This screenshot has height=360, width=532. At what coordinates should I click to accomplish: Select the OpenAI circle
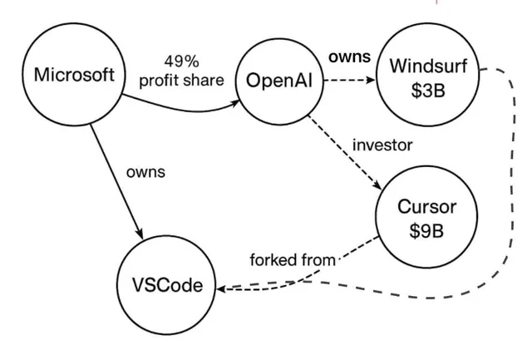pyautogui.click(x=279, y=81)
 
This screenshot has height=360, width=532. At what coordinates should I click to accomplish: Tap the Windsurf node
pyautogui.click(x=427, y=76)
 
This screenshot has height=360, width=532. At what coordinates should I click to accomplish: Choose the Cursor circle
pyautogui.click(x=426, y=219)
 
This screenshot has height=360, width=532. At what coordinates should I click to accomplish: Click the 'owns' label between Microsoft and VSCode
pyautogui.click(x=145, y=172)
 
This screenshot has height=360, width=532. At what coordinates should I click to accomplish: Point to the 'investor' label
pyautogui.click(x=382, y=145)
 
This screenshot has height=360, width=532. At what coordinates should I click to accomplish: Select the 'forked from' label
pyautogui.click(x=292, y=259)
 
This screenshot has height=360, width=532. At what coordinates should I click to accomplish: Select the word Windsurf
pyautogui.click(x=427, y=64)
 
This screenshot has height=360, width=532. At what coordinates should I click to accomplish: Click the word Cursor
pyautogui.click(x=426, y=206)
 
